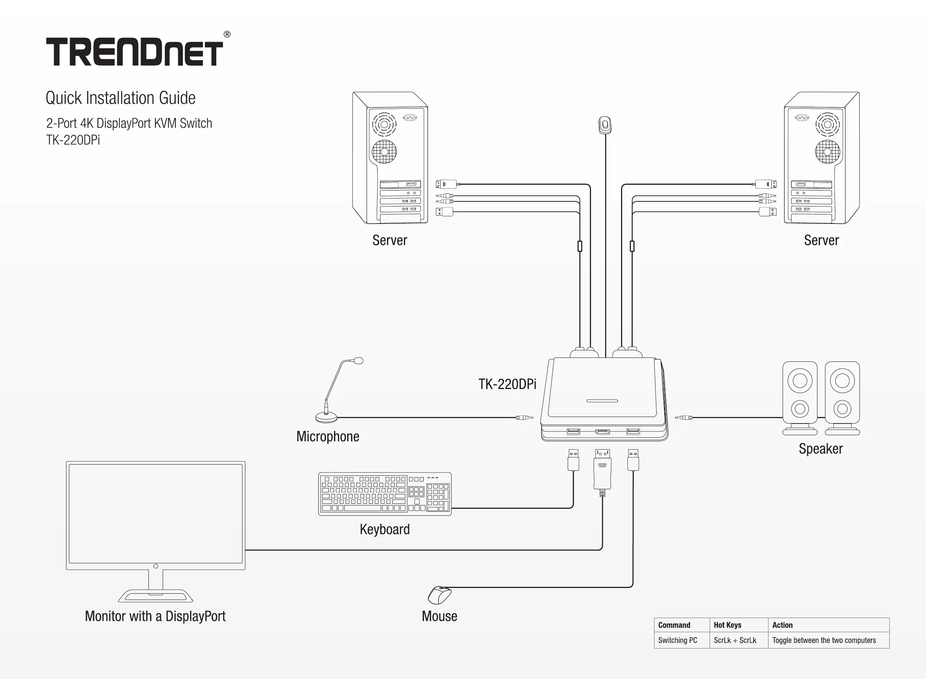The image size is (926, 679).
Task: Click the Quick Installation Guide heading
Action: pyautogui.click(x=121, y=98)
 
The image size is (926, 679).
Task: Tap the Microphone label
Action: pyautogui.click(x=327, y=437)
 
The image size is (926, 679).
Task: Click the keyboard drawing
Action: pyautogui.click(x=385, y=494)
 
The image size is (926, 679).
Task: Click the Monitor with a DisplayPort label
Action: pyautogui.click(x=155, y=617)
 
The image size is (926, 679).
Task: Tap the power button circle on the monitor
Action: pyautogui.click(x=156, y=566)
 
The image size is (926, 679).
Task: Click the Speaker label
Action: pyautogui.click(x=820, y=449)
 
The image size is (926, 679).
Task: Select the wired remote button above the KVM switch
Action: pyautogui.click(x=605, y=125)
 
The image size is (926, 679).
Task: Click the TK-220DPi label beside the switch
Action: pyautogui.click(x=507, y=384)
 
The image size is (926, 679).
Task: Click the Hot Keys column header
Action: pyautogui.click(x=727, y=625)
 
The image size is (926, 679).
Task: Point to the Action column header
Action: pyautogui.click(x=782, y=625)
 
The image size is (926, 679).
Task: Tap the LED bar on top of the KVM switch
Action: pyautogui.click(x=602, y=401)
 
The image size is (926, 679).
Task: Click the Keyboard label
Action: pyautogui.click(x=385, y=529)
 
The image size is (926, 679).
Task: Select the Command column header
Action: pyautogui.click(x=674, y=625)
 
